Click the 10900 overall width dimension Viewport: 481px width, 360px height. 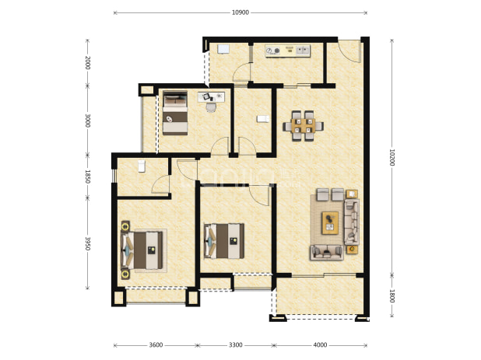coord(240,12)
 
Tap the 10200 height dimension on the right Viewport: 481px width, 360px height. coord(391,158)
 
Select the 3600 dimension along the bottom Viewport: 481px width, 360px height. coord(156,345)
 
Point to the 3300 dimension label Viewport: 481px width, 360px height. coord(236,345)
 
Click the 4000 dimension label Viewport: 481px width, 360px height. coord(320,345)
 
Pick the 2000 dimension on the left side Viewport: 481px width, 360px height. coord(88,62)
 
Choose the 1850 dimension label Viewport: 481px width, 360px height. coord(88,177)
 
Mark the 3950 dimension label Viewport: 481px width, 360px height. coord(88,243)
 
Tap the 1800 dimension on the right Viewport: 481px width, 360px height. coord(391,296)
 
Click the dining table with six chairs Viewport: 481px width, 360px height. coord(303,126)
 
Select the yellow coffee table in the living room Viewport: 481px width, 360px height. coord(330,222)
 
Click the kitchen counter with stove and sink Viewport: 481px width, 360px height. coord(288,51)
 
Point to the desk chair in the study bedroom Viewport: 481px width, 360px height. coord(211,107)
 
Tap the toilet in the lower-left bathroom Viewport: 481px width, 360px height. coord(142,166)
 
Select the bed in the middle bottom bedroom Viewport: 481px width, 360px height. coord(224,241)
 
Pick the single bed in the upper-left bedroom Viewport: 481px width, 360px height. coord(175,113)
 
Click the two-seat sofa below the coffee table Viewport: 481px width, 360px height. coord(327,253)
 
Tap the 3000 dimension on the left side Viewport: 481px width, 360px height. coord(88,121)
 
